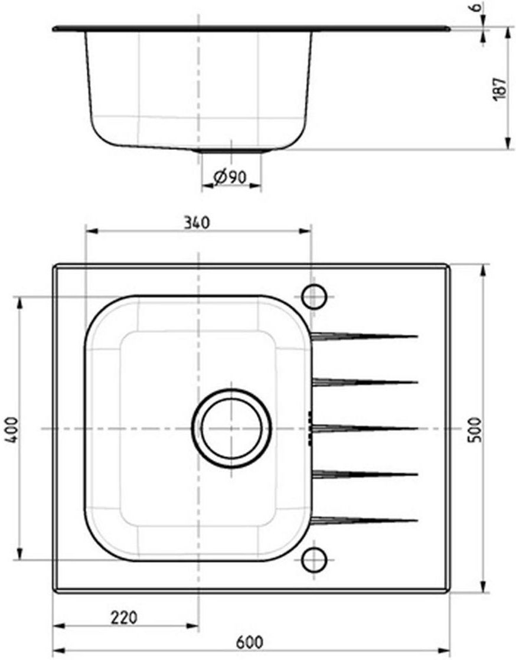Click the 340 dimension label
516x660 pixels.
click(x=197, y=223)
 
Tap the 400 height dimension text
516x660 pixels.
click(x=12, y=429)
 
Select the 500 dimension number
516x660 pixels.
click(x=475, y=429)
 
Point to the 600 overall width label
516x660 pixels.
click(x=250, y=642)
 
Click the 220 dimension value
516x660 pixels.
click(x=124, y=617)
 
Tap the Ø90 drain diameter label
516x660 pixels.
click(x=230, y=177)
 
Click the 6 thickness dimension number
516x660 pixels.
click(x=476, y=7)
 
